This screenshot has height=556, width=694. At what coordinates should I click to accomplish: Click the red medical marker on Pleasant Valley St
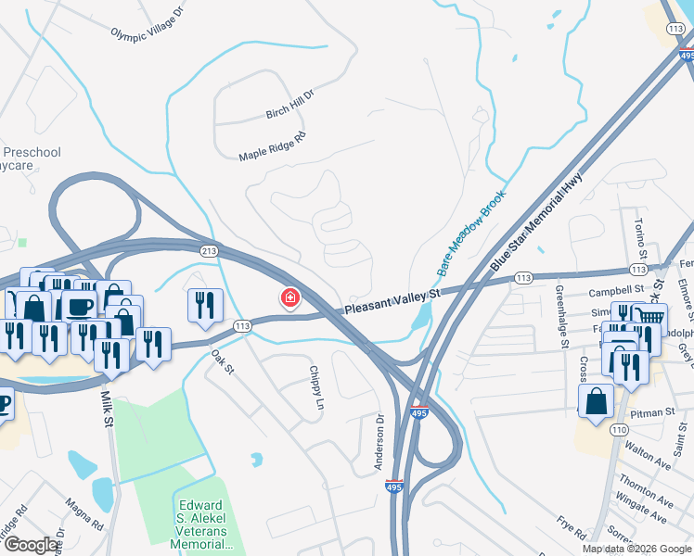(290, 298)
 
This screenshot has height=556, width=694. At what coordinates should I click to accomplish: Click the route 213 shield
(209, 250)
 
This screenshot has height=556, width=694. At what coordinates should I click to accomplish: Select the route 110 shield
(619, 429)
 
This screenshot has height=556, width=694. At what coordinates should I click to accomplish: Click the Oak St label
(220, 356)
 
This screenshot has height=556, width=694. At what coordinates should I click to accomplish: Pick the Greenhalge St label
(560, 315)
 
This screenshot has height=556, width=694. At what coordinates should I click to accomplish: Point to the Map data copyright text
(636, 549)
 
